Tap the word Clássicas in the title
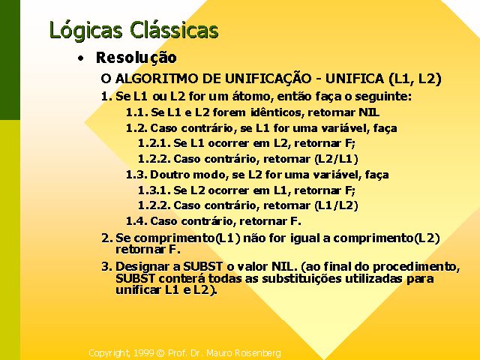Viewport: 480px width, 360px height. (x=174, y=29)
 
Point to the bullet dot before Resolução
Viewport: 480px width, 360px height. (x=80, y=58)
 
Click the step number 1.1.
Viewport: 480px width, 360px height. (x=136, y=112)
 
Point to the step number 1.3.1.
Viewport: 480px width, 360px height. (x=154, y=190)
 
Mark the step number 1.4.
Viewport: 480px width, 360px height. (x=136, y=221)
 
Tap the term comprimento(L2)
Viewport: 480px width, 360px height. (x=386, y=238)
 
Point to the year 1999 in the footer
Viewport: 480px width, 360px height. (x=143, y=353)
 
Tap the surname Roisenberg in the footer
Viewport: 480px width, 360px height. (x=258, y=353)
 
